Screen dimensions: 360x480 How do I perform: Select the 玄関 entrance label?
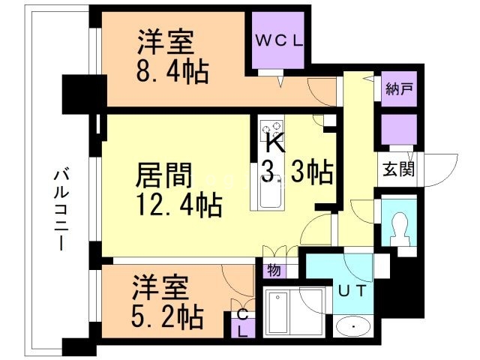pyautogui.click(x=397, y=169)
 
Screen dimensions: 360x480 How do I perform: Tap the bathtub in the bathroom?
pyautogui.click(x=285, y=313)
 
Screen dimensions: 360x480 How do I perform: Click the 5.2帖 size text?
pyautogui.click(x=168, y=318)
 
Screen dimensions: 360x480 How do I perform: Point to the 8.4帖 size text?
pyautogui.click(x=172, y=72)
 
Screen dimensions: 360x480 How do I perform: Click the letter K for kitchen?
pyautogui.click(x=274, y=141)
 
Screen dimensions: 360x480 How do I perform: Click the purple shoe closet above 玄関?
pyautogui.click(x=397, y=130)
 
